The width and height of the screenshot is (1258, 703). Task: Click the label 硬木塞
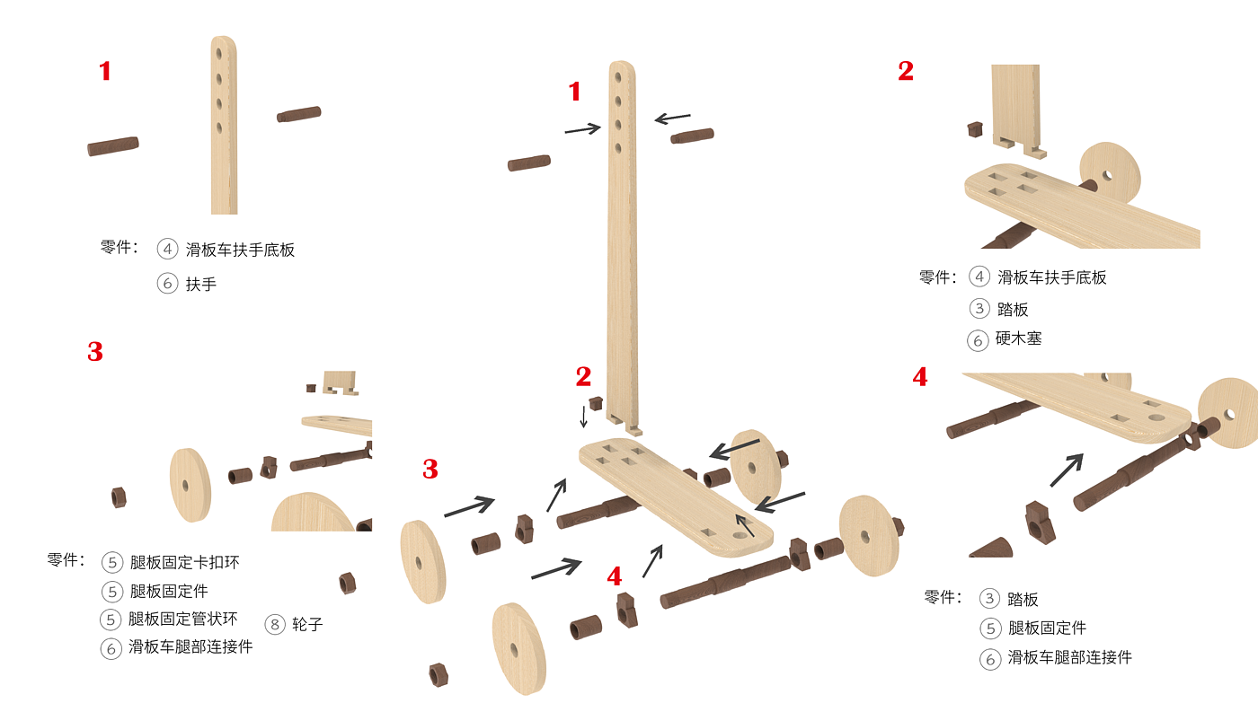click(1018, 338)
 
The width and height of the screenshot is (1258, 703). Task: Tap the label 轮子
click(307, 625)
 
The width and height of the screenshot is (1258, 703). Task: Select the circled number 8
click(275, 624)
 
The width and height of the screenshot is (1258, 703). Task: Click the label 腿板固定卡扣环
click(185, 562)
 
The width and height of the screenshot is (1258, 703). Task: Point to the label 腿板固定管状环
click(183, 619)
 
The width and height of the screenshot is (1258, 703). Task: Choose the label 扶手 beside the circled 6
click(201, 284)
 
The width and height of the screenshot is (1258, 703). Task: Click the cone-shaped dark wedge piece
click(991, 549)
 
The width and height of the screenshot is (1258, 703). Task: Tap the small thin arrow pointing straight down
click(583, 417)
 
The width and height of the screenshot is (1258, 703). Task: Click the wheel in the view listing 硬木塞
click(1110, 171)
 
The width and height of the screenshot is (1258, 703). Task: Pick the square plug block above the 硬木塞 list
click(975, 129)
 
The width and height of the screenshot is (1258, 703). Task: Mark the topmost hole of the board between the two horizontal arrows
click(618, 77)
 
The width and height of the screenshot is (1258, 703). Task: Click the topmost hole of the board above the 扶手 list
click(219, 54)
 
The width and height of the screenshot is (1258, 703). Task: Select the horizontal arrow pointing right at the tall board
click(582, 129)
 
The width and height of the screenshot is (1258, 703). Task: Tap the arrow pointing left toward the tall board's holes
click(672, 118)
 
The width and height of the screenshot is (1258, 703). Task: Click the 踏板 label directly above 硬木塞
click(1013, 309)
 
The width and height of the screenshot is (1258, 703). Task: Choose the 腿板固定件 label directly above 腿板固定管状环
click(169, 591)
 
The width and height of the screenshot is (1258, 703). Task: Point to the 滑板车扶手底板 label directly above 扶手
click(240, 250)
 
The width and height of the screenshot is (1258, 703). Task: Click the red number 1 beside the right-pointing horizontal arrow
click(574, 92)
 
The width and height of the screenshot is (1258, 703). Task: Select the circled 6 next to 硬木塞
click(978, 340)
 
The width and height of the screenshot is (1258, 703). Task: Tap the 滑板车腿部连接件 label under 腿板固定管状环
click(190, 647)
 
